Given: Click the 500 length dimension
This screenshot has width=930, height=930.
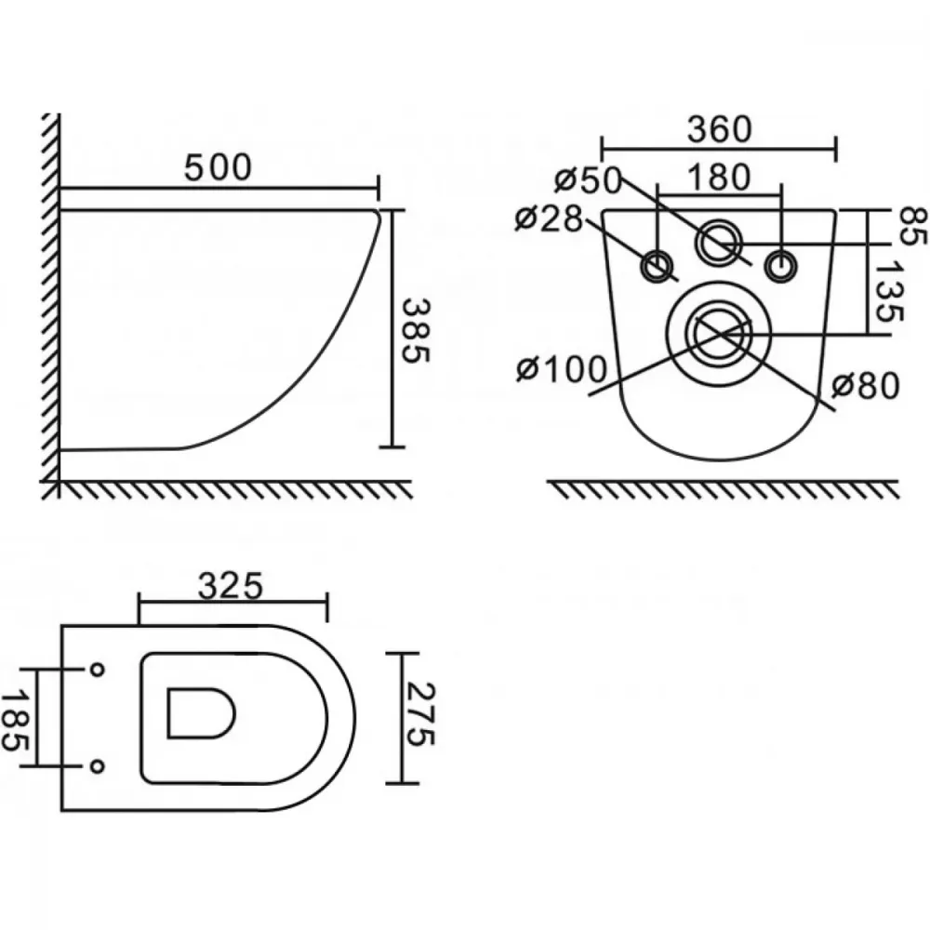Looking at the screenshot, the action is tap(218, 167).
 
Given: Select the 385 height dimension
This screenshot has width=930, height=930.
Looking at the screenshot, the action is tap(416, 330).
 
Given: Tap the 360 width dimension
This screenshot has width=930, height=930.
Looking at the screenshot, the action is tap(720, 129).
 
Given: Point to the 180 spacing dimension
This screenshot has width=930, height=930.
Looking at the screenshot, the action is tap(720, 177).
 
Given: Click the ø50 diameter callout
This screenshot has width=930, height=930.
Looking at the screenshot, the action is tap(588, 180).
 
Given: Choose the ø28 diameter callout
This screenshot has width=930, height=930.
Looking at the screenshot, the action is tap(549, 219).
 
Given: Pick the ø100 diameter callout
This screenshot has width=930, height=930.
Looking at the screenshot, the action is tap(561, 369).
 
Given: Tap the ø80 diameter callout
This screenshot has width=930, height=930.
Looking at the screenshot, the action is tap(865, 386).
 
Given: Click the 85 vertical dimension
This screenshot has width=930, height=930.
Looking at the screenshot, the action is tap(913, 226).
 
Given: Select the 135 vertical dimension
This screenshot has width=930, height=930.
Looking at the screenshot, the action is tap(888, 290).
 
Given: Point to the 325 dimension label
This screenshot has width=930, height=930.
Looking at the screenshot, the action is tap(230, 586).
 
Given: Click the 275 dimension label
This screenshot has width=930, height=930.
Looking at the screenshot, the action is tap(422, 714).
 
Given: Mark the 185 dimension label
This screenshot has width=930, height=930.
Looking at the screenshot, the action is tap(13, 720).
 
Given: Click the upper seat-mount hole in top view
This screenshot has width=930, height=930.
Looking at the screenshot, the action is tap(98, 670).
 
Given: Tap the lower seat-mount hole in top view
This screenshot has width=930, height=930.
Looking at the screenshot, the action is tap(98, 766).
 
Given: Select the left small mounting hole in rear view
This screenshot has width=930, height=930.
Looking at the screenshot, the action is tap(658, 266).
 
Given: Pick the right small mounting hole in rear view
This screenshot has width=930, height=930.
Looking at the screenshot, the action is tap(781, 266).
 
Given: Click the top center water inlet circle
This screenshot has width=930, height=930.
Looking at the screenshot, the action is tap(720, 242).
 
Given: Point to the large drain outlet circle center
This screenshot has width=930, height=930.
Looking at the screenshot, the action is tap(719, 334).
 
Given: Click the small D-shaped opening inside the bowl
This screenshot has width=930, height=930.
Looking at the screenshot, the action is tap(201, 713).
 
